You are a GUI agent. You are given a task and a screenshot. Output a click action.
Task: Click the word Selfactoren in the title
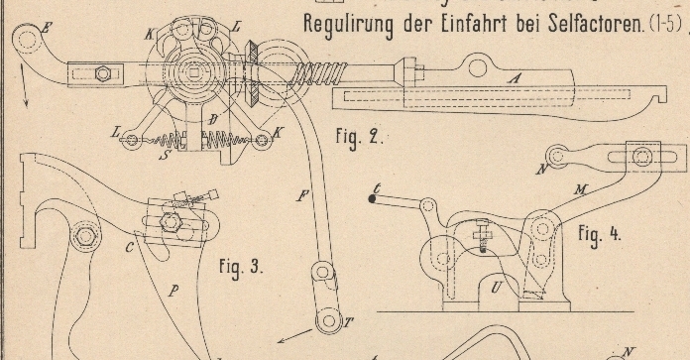pos(595,24)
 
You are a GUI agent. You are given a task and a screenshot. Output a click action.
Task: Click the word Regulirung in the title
pos(348,26)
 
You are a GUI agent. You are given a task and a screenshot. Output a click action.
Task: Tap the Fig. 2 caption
pos(360,137)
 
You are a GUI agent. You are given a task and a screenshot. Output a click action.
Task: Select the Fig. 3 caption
pos(241,267)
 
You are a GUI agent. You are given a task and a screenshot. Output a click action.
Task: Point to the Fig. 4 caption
pos(600,233)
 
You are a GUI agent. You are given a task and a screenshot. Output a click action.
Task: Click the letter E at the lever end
pos(46,28)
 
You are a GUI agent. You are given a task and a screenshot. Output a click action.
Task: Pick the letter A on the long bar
pos(514,78)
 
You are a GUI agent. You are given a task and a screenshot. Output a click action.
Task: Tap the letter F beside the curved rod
pos(302,195)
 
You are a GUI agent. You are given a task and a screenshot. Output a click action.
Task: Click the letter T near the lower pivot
pos(348,323)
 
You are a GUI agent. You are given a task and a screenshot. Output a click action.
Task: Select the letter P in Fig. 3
pos(173,291)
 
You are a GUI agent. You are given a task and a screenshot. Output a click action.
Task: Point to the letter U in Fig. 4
pos(497,288)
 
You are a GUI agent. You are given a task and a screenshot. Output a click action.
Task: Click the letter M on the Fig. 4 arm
pos(581,190)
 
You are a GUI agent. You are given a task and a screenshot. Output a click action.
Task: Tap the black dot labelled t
pos(373,199)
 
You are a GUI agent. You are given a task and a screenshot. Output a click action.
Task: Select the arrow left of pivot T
pos(294,336)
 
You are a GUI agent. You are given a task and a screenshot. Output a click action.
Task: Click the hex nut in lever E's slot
pos(103,73)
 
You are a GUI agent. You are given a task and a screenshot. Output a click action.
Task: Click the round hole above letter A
pos(478,68)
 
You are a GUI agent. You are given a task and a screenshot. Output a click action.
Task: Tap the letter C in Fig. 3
pos(129,248)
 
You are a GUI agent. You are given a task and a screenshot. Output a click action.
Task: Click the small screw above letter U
pos(482,236)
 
